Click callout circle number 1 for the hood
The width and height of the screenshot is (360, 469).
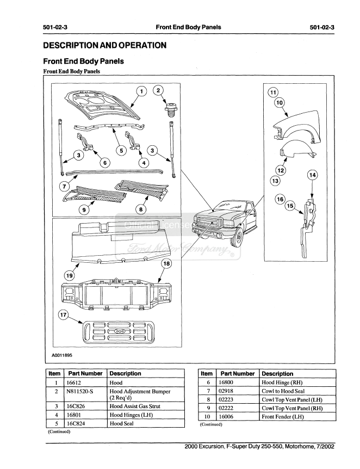[x=141, y=91]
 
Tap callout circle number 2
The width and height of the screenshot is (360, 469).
[x=159, y=90]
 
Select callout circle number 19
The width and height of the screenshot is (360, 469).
[x=70, y=276]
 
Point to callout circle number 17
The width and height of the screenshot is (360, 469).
[x=64, y=316]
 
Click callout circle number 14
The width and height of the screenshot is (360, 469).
[x=312, y=175]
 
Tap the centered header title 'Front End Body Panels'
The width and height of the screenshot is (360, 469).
[x=188, y=27]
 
